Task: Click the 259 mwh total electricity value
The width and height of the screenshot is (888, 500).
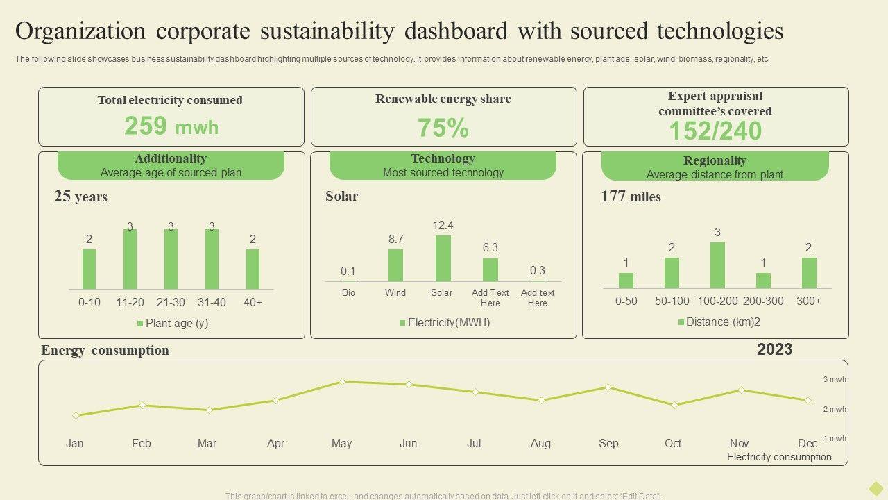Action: [171, 126]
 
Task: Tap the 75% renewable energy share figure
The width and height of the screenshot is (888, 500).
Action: [443, 128]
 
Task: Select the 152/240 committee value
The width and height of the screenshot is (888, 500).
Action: [715, 131]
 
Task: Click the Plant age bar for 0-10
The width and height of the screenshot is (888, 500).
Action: [89, 269]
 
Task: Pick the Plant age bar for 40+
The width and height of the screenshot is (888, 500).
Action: [253, 269]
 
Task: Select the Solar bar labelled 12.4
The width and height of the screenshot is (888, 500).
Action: [443, 258]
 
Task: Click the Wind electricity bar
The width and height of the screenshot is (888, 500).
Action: [395, 265]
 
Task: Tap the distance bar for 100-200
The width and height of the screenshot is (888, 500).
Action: [717, 265]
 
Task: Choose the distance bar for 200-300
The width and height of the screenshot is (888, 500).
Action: [763, 281]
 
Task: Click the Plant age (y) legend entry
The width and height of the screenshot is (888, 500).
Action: [173, 323]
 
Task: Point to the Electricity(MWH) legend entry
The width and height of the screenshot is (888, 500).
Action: [444, 322]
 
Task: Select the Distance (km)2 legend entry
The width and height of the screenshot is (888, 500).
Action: [719, 322]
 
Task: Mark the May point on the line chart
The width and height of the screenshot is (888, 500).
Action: [342, 381]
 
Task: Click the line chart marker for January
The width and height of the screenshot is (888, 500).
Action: [76, 415]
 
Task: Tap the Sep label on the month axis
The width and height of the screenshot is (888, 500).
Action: [608, 443]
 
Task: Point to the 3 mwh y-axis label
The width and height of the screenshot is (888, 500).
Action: [835, 379]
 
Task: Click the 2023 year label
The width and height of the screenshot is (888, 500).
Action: [774, 349]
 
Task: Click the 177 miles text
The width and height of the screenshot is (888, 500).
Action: [631, 197]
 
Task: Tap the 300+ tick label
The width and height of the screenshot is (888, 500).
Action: [809, 301]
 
